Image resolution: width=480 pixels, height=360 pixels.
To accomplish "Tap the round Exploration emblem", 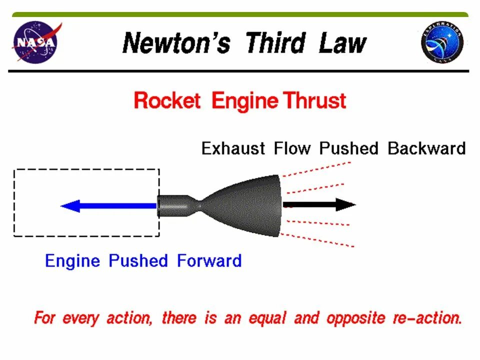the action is coord(442,42).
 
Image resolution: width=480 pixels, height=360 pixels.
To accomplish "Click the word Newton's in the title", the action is coord(176,43).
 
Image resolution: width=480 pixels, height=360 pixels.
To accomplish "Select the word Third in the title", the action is coord(275,43).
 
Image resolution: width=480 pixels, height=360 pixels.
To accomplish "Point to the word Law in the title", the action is coord(342,43).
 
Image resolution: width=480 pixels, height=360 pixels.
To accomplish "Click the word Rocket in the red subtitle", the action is coord(167,101).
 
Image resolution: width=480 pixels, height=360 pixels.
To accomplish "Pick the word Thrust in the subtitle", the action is coord(314,101).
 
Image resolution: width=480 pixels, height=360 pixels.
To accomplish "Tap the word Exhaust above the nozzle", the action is coord(233,148).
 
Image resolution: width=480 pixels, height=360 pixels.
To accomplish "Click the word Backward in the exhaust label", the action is coord(426,148).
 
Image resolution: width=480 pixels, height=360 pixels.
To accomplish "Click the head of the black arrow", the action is coord(345,204).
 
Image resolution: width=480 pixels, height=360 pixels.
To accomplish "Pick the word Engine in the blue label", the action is coord(74,261).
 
